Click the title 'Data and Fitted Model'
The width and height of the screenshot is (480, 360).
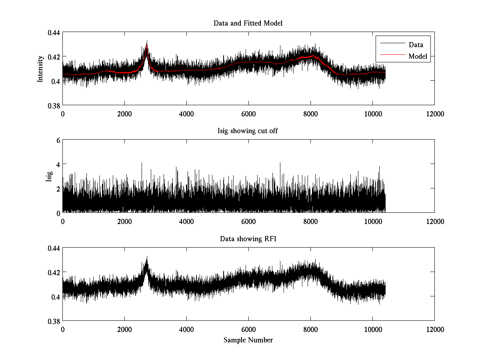[x=248, y=23]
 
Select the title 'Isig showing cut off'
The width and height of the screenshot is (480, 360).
[x=248, y=131]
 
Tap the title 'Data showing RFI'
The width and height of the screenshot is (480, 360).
[x=248, y=239]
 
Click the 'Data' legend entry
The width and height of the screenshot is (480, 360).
[x=416, y=45]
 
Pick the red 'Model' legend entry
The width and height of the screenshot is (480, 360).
[x=418, y=56]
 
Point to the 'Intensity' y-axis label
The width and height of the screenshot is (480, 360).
[x=40, y=68]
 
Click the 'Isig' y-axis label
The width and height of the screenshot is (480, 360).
[x=49, y=176]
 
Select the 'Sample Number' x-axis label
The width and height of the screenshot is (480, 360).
[x=248, y=340]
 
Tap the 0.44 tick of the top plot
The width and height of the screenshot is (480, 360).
[x=53, y=32]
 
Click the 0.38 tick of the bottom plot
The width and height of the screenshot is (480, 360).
[x=53, y=321]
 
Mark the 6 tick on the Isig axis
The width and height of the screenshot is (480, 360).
[x=58, y=140]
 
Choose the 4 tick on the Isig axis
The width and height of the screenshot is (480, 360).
[x=58, y=164]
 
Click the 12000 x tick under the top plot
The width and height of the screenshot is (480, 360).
[x=434, y=114]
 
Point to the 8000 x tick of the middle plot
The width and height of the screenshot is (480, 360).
[x=310, y=222]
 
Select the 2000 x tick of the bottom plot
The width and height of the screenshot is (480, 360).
[x=124, y=330]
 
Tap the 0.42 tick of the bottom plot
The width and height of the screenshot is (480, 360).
[x=53, y=272]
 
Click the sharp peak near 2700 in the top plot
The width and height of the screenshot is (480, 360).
[x=147, y=42]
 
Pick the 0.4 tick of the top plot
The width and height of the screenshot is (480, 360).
[x=56, y=81]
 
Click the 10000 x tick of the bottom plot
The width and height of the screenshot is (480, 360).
[x=372, y=330]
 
